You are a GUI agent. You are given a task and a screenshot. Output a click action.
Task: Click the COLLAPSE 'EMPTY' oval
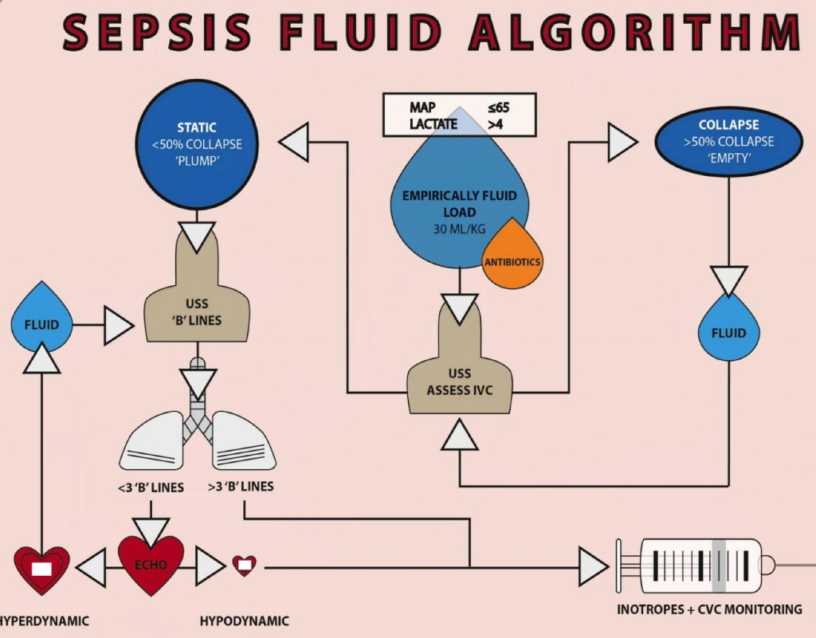(728, 142)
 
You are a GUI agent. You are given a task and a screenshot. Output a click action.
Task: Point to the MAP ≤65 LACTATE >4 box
(460, 115)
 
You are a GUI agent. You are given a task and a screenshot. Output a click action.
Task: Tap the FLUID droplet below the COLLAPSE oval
(728, 328)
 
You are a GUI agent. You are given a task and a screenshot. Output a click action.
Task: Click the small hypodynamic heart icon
(245, 566)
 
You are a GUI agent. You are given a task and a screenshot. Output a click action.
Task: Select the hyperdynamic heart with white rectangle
(41, 567)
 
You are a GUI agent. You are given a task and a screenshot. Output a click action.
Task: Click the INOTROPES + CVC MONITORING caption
(709, 610)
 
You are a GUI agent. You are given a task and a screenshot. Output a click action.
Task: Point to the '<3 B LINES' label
(151, 487)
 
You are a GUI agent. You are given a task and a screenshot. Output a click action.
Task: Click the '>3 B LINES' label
(241, 487)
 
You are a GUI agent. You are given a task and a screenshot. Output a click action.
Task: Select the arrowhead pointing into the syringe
(593, 567)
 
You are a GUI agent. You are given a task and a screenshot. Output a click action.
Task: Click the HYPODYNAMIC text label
(244, 621)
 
